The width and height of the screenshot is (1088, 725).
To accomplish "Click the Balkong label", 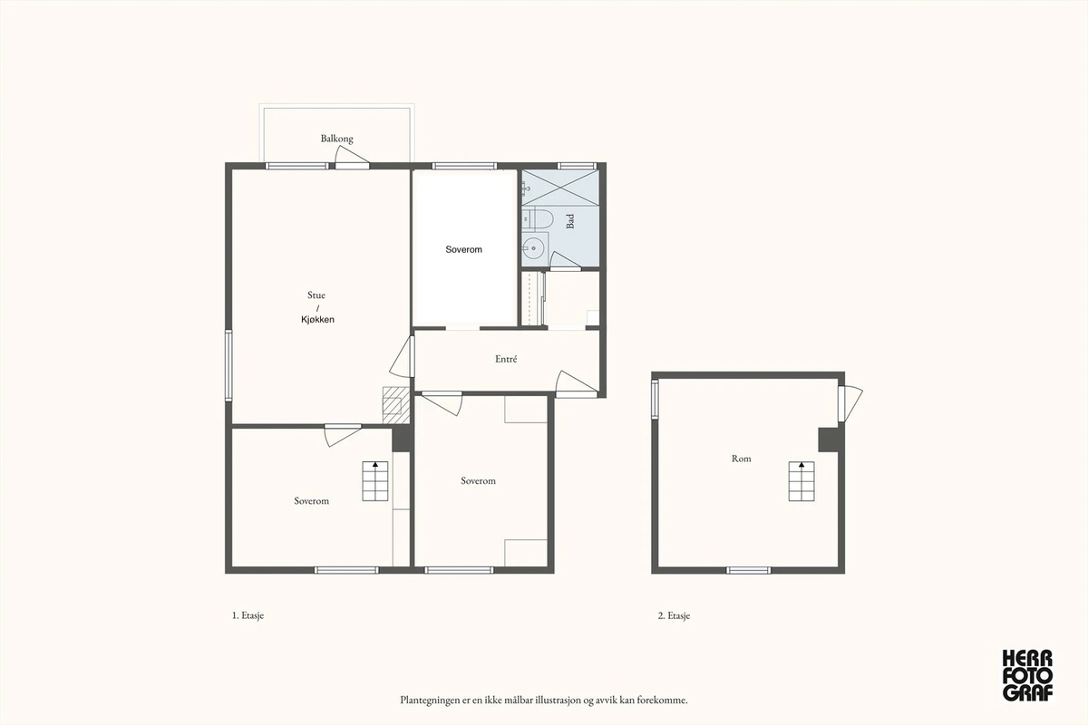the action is [x=336, y=139].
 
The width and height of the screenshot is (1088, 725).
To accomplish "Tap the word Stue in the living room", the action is [x=316, y=295].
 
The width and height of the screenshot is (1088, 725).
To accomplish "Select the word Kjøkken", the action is [x=317, y=320].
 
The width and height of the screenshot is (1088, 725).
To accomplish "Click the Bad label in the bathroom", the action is [x=570, y=221].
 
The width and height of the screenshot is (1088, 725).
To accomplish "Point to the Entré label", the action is [x=506, y=359].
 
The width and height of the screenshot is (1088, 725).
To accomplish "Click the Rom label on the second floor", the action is [x=742, y=459].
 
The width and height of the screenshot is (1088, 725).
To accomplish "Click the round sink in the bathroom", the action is [x=534, y=248].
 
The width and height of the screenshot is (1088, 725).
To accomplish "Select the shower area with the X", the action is [x=560, y=187].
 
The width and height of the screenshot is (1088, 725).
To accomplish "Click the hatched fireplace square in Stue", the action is [x=396, y=404].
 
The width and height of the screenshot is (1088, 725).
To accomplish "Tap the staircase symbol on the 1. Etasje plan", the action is [x=375, y=481].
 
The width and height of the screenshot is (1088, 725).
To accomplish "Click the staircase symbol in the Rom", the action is [x=801, y=481].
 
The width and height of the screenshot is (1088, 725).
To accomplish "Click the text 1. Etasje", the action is [x=248, y=615].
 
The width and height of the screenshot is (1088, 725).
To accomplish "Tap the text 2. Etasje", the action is [x=674, y=615].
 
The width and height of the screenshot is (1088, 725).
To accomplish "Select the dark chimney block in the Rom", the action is [x=829, y=440].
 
